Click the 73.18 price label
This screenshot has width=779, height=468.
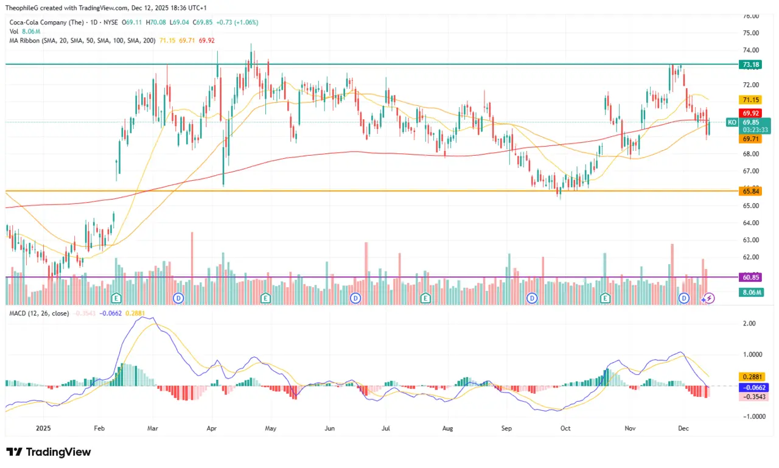(749, 64)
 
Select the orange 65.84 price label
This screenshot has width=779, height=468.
(749, 191)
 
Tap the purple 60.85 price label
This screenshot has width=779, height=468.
(749, 277)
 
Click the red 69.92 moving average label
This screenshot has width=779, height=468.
(749, 113)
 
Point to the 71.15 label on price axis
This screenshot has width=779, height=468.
(749, 100)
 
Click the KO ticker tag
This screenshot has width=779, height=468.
(732, 122)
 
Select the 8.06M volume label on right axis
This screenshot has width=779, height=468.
(750, 292)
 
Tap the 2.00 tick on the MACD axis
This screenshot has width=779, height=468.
(750, 324)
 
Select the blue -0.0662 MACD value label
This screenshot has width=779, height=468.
(752, 387)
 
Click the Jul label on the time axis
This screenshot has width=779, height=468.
(386, 428)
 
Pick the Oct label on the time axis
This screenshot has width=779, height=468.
(565, 428)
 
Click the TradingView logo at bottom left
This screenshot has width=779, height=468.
(49, 452)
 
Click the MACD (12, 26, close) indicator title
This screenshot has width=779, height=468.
(38, 313)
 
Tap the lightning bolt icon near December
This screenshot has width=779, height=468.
(708, 298)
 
